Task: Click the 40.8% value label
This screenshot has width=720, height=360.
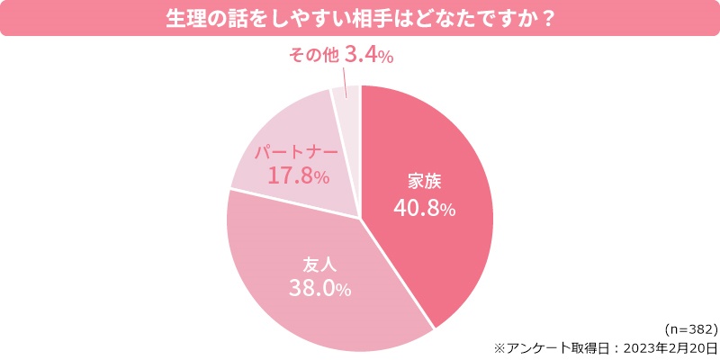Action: [x=425, y=208]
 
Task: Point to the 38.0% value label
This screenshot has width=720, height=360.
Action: [x=319, y=289]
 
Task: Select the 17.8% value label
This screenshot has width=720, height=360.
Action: [x=298, y=175]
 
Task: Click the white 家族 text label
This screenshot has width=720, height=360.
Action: [x=425, y=179]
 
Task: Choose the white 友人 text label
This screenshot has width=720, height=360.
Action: [x=319, y=264]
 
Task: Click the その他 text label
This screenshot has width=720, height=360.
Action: [x=312, y=57]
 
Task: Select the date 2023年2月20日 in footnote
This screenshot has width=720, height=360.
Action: [x=665, y=347]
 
